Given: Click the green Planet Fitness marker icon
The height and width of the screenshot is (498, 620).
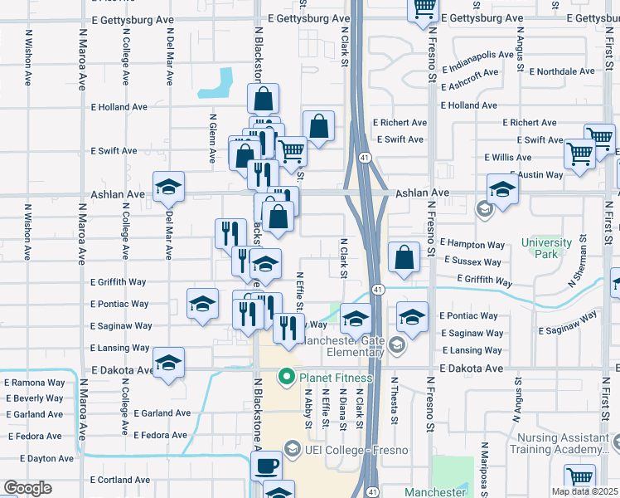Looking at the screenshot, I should click(x=288, y=378).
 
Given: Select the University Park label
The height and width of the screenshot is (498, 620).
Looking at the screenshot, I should click(x=546, y=248).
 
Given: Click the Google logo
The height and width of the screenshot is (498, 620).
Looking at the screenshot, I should click(x=27, y=488).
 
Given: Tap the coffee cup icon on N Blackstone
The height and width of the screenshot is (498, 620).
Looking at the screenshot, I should click(x=266, y=466).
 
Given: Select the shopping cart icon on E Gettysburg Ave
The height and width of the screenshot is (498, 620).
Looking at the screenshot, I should click(x=424, y=8).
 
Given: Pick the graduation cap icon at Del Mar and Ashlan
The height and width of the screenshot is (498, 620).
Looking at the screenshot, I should click(x=168, y=187).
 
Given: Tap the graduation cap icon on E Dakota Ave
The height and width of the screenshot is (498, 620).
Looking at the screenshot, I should click(x=168, y=363).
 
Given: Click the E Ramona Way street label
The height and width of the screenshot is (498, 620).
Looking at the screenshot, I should click(x=35, y=383).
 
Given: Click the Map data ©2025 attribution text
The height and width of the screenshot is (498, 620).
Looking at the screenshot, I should click(x=584, y=491).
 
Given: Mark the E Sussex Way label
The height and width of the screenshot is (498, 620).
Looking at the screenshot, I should click(x=474, y=261).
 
